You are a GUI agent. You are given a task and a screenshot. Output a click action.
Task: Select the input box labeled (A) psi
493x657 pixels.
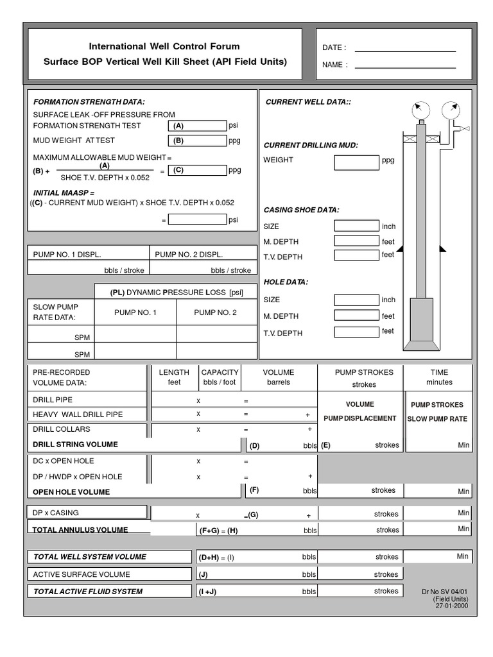click(198, 126)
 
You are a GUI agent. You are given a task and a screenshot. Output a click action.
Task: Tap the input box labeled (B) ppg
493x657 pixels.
click(198, 141)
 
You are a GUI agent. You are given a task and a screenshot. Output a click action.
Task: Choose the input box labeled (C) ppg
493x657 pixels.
click(198, 171)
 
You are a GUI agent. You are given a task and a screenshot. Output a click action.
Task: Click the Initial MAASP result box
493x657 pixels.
click(198, 219)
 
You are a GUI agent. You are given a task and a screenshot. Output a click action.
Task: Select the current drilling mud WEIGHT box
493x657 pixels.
click(356, 162)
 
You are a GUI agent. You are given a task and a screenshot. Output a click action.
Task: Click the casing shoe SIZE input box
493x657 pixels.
click(356, 226)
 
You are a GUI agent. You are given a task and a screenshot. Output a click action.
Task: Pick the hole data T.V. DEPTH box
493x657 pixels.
click(356, 332)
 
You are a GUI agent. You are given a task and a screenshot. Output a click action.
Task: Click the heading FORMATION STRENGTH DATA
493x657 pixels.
click(89, 101)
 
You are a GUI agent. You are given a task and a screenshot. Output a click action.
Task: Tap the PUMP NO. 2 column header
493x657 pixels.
click(215, 312)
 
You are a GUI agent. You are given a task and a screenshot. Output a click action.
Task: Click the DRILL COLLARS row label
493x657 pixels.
click(62, 429)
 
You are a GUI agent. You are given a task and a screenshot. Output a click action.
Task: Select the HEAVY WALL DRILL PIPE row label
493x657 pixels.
click(78, 414)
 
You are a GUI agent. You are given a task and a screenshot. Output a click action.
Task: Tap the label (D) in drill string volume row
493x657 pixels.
click(255, 445)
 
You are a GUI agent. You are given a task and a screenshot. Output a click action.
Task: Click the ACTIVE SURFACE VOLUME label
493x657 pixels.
click(82, 574)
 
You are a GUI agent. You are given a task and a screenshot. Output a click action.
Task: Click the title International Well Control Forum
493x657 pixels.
click(164, 47)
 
